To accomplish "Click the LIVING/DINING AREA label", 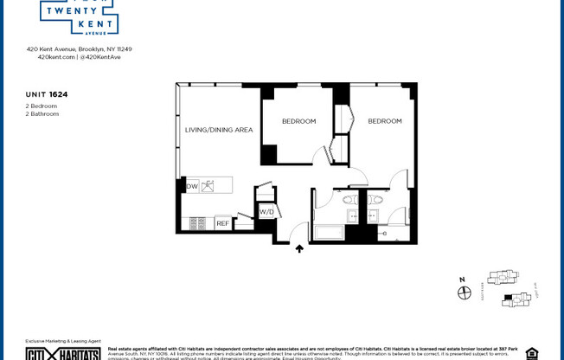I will (x=219, y=130).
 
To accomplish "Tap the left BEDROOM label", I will (x=298, y=121).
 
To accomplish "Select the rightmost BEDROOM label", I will (x=385, y=121).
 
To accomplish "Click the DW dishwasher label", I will (x=192, y=186).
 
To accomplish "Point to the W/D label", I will (x=266, y=211).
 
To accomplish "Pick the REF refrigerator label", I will (x=222, y=223).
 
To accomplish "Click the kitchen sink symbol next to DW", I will (x=208, y=186).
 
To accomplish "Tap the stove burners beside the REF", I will (x=198, y=223).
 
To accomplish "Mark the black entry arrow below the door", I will (x=299, y=249).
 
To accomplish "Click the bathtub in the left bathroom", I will (x=329, y=232).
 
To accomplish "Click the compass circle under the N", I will (x=464, y=293).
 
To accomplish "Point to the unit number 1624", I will (x=58, y=94).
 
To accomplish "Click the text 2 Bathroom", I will (x=42, y=113).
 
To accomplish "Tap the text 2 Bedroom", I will (x=42, y=106).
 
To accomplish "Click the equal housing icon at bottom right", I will (x=531, y=353).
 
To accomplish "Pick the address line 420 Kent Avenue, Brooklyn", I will (x=79, y=49).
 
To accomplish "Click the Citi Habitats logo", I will (x=62, y=353).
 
